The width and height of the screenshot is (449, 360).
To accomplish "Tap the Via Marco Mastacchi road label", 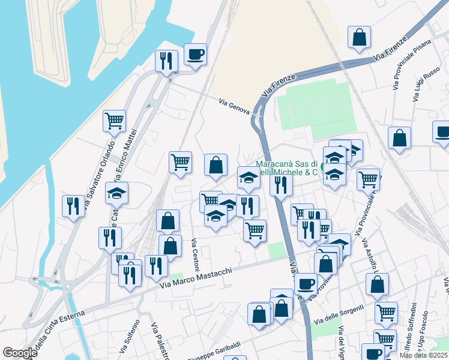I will pyautogui.click(x=196, y=280).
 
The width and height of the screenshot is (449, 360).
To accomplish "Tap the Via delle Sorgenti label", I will pyautogui.click(x=338, y=314).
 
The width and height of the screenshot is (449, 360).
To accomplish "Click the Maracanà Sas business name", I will pyautogui.click(x=287, y=167).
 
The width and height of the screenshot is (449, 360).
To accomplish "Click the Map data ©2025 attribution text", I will pyautogui.click(x=423, y=355).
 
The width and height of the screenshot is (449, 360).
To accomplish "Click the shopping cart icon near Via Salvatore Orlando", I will pyautogui.click(x=114, y=121).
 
